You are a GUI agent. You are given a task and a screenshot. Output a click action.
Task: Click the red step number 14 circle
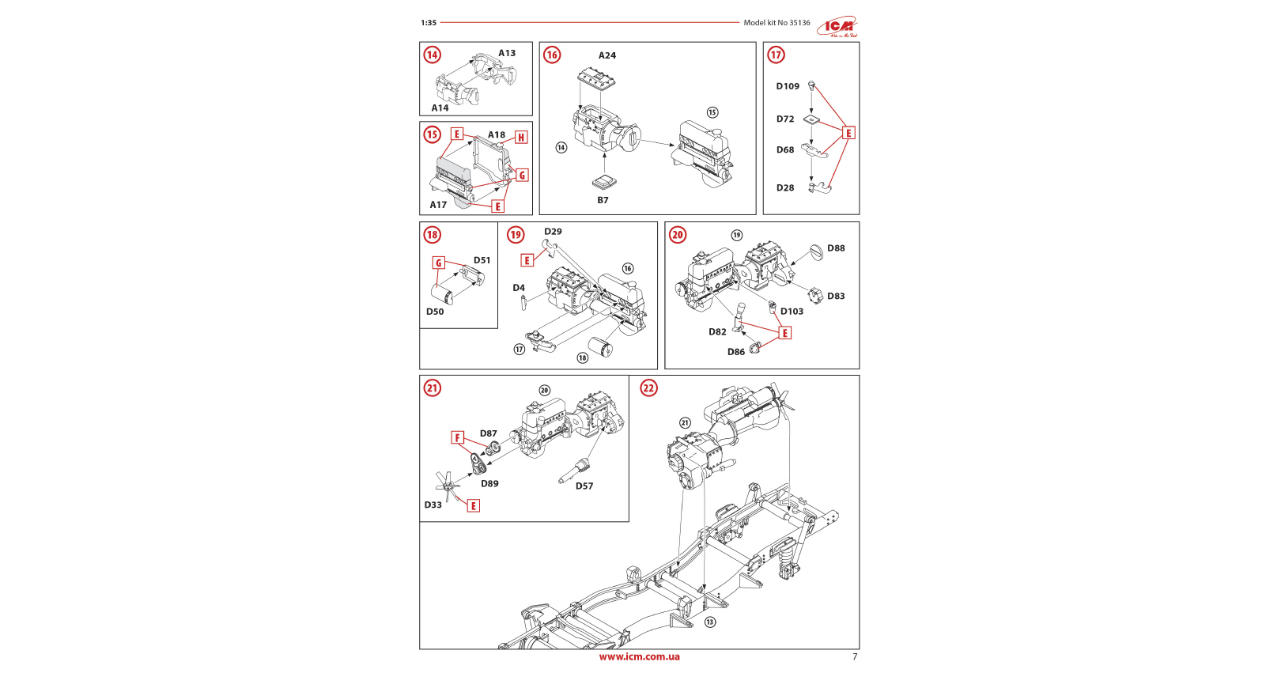coord(432,55)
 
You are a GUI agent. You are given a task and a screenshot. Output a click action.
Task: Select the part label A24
coord(606,55)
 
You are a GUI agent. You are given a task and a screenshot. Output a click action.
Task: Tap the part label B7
coord(603,200)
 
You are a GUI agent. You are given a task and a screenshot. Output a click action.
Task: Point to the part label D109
coord(788,86)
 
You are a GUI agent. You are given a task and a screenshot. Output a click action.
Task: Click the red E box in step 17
coord(848,133)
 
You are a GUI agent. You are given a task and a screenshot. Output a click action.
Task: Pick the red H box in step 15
coord(521,138)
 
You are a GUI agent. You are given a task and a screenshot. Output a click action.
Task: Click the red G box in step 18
coord(439,263)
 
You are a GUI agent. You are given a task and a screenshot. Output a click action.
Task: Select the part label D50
coord(435,312)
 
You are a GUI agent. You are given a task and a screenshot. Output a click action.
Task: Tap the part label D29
coord(553,232)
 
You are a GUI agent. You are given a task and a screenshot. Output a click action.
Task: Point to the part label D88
coord(836,248)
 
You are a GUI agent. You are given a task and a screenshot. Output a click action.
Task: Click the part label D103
coord(792,312)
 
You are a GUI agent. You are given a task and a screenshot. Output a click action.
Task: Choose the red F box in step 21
coord(457,437)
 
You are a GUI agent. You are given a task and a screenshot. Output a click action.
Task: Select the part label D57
coord(584,486)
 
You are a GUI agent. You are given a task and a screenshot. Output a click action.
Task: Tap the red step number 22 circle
coord(648,388)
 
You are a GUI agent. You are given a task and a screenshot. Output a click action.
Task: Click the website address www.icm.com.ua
coord(639,656)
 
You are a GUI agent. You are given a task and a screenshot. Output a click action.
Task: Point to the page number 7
coord(854,656)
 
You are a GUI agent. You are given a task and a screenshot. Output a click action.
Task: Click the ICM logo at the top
coord(838,27)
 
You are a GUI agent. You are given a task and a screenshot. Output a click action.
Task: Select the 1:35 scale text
coord(429,23)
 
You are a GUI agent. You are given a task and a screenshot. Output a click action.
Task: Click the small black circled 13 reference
coord(710,622)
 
